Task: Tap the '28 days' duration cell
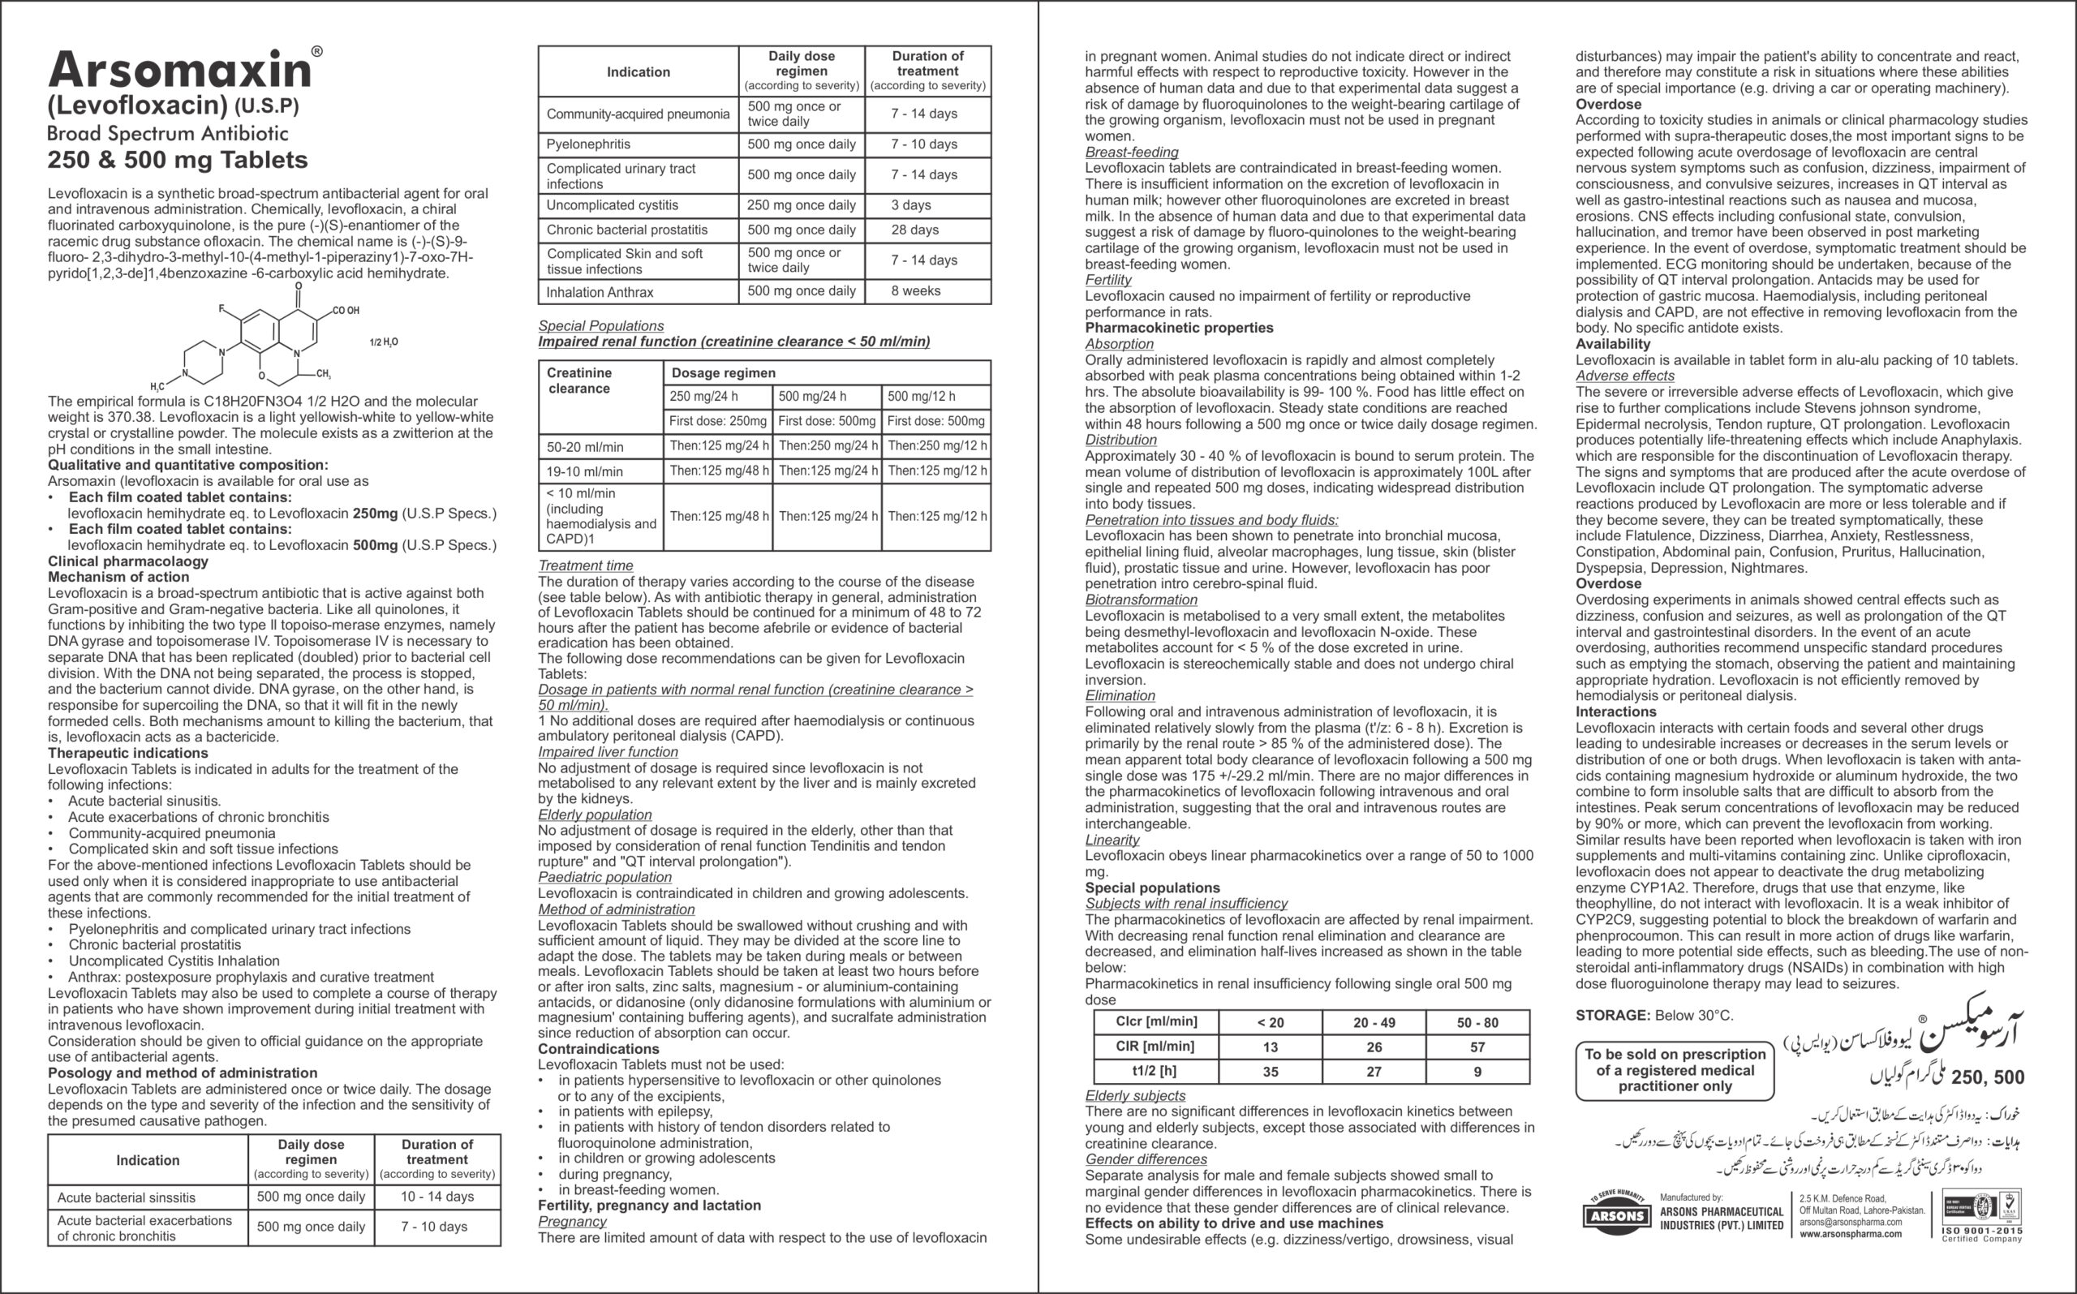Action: (x=915, y=230)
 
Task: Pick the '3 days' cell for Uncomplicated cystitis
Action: (x=910, y=205)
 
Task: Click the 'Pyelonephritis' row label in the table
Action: (x=589, y=144)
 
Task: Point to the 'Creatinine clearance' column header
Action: (x=579, y=380)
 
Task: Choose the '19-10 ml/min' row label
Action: (x=585, y=471)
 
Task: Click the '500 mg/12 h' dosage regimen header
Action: (x=921, y=396)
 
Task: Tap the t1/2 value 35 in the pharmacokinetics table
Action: (x=1271, y=1072)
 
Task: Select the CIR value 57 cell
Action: (x=1477, y=1047)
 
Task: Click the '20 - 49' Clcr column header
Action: (x=1374, y=1023)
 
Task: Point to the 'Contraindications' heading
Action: (x=598, y=1049)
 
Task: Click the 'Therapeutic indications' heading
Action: (x=127, y=753)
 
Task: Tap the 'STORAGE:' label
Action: (x=1612, y=1016)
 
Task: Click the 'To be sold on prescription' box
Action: (x=1674, y=1070)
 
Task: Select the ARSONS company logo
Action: (x=1617, y=1214)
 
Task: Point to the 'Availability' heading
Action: (x=1612, y=344)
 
